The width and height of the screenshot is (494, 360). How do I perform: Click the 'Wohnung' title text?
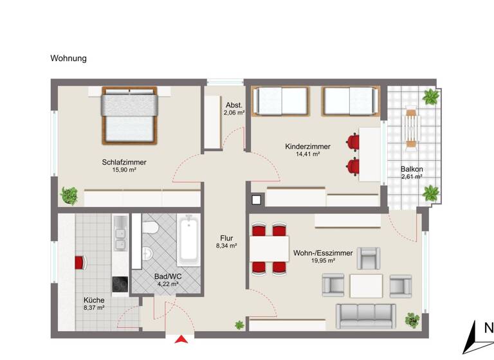[68, 59]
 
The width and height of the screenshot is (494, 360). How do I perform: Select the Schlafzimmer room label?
[123, 163]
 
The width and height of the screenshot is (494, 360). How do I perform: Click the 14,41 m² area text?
[307, 155]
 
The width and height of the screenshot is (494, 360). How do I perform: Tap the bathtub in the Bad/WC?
[188, 240]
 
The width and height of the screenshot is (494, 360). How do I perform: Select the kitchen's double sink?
[120, 236]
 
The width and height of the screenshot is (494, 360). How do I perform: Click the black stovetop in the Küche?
[120, 284]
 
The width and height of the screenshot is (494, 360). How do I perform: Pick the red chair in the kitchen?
[80, 262]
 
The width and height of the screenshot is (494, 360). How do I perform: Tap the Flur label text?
[226, 237]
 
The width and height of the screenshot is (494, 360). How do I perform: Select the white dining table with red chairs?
[268, 248]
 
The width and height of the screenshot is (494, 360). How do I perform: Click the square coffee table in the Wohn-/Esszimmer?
[366, 285]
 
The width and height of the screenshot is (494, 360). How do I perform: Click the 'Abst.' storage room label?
[233, 105]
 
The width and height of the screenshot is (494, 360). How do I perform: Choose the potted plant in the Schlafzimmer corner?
[69, 194]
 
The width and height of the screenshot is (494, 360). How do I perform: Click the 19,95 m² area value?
[322, 261]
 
